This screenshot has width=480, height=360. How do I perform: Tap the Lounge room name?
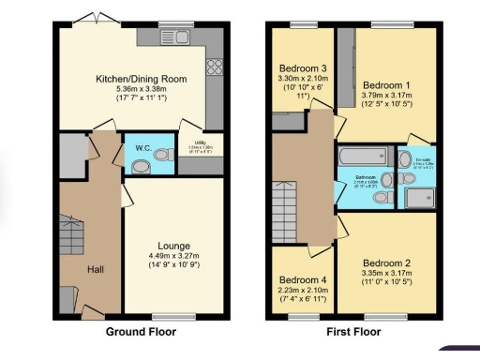click(174, 246)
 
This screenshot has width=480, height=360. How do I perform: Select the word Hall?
click(97, 269)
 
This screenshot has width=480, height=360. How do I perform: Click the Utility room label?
click(193, 142)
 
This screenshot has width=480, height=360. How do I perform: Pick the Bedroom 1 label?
click(387, 85)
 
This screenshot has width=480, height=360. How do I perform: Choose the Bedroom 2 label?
click(387, 262)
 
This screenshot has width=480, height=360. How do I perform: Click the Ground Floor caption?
click(141, 331)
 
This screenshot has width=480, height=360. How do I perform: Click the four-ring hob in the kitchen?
click(213, 67)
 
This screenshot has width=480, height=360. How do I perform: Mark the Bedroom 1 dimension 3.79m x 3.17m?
click(387, 96)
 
